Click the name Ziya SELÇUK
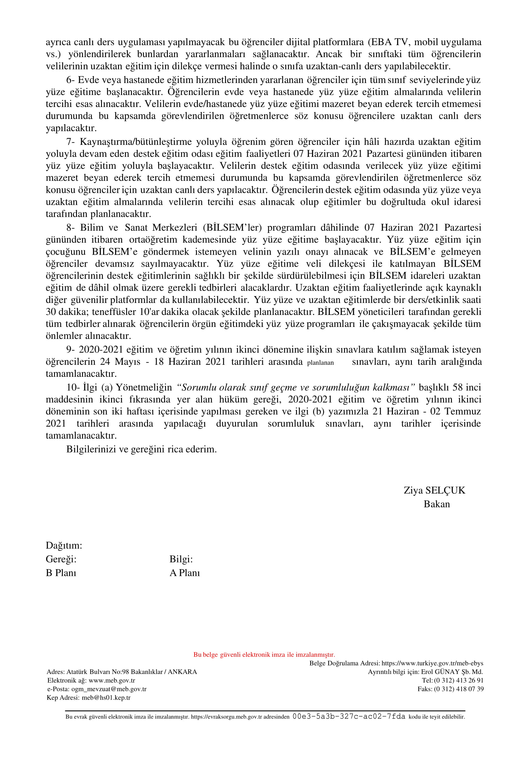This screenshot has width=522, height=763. (x=434, y=490)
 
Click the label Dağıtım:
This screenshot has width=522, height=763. (x=64, y=545)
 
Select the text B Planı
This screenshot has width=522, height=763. (x=61, y=573)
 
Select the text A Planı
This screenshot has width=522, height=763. (x=185, y=573)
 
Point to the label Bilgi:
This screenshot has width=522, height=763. (x=181, y=559)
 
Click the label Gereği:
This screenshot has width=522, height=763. (x=61, y=559)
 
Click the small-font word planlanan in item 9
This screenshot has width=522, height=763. (x=320, y=363)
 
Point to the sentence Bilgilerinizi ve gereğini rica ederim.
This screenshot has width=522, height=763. (x=141, y=449)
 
